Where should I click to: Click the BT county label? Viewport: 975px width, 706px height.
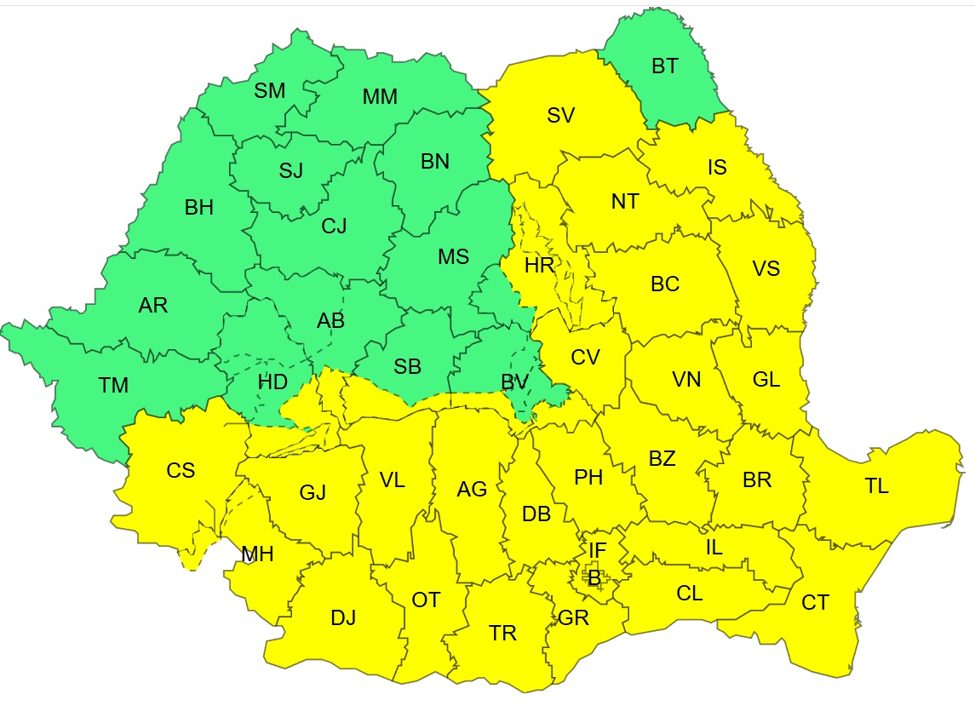coord(665,66)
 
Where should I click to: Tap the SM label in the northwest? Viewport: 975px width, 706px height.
coord(270,91)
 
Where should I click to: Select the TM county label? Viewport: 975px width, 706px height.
coord(113,386)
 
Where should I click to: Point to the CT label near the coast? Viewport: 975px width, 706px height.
coord(815,603)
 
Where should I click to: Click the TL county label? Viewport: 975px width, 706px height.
coord(876,486)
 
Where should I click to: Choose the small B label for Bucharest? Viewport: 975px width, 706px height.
coord(594,577)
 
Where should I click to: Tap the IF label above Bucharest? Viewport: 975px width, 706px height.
coord(598,550)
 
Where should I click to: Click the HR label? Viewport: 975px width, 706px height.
coord(539,266)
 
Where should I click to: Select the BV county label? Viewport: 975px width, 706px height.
coord(515,382)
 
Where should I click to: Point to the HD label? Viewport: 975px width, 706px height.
coord(272,382)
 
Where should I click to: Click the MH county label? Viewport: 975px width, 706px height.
coord(257,555)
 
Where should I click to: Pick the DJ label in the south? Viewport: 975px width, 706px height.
coord(343,618)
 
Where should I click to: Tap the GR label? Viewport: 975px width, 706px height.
coord(573,618)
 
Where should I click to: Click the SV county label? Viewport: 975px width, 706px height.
coord(561,116)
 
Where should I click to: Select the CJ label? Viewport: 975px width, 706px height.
coord(334,226)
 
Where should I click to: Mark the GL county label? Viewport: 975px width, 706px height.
coord(766,380)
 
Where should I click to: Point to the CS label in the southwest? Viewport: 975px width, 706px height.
coord(181,470)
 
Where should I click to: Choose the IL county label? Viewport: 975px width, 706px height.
coord(714,548)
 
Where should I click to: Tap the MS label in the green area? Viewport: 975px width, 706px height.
coord(453,256)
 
